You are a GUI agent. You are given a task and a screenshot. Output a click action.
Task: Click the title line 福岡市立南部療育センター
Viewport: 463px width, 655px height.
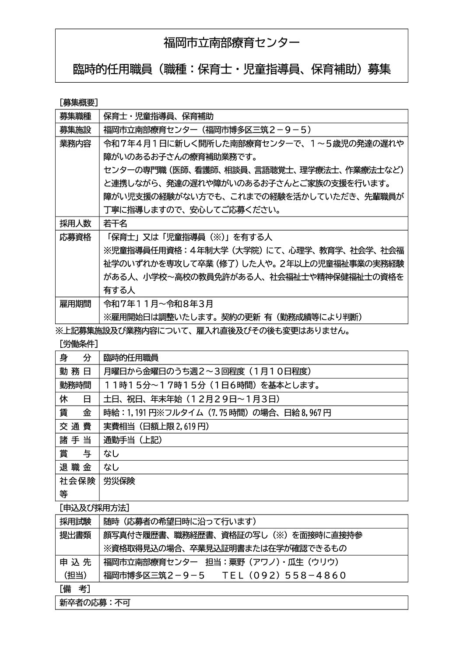(231, 43)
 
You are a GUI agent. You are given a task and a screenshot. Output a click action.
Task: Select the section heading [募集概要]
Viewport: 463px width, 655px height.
(78, 102)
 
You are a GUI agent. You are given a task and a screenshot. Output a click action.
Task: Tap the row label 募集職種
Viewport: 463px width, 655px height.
(75, 116)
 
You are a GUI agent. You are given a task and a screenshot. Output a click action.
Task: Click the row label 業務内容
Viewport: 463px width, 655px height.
(75, 144)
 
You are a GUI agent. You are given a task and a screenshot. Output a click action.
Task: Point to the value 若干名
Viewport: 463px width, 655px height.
(115, 223)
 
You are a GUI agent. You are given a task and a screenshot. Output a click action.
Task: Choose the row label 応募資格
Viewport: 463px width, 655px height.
(75, 237)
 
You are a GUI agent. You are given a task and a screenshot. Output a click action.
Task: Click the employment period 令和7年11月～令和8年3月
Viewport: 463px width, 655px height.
(158, 304)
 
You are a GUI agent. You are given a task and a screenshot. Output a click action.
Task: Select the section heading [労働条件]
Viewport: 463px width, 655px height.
(78, 344)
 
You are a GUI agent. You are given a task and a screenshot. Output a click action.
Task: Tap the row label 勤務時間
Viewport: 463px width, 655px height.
(75, 385)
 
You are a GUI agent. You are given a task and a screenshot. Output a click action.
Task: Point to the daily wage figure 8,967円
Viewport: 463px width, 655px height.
(316, 413)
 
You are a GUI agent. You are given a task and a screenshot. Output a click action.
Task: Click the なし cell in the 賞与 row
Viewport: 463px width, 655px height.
(111, 454)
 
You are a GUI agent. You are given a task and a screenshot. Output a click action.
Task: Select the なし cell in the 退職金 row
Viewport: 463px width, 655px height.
(111, 467)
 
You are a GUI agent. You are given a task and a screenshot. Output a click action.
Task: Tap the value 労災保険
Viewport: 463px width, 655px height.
(119, 481)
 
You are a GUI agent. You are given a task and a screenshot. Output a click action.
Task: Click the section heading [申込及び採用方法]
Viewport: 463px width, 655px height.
(94, 508)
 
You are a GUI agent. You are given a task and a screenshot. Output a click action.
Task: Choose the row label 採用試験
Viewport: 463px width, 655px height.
(75, 522)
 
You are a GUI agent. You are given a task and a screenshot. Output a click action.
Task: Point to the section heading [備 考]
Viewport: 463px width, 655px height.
(75, 589)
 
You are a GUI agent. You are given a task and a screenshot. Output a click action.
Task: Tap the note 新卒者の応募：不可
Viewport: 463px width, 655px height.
(95, 603)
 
